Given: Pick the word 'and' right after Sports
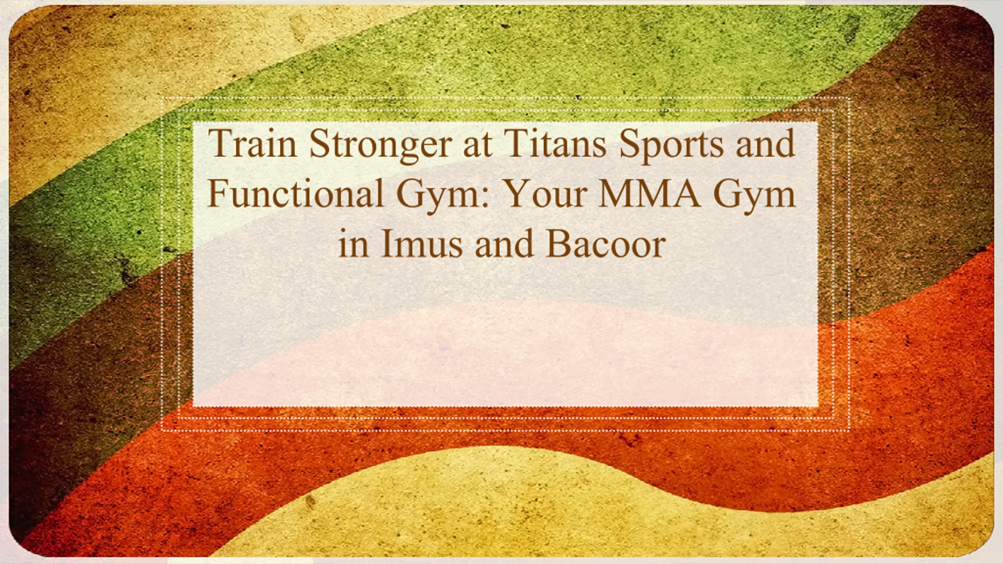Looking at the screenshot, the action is [x=765, y=143].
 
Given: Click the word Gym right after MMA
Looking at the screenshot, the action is [x=755, y=197].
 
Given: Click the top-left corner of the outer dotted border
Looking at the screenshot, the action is [x=162, y=98].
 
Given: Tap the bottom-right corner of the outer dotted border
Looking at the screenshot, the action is [x=849, y=431].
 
